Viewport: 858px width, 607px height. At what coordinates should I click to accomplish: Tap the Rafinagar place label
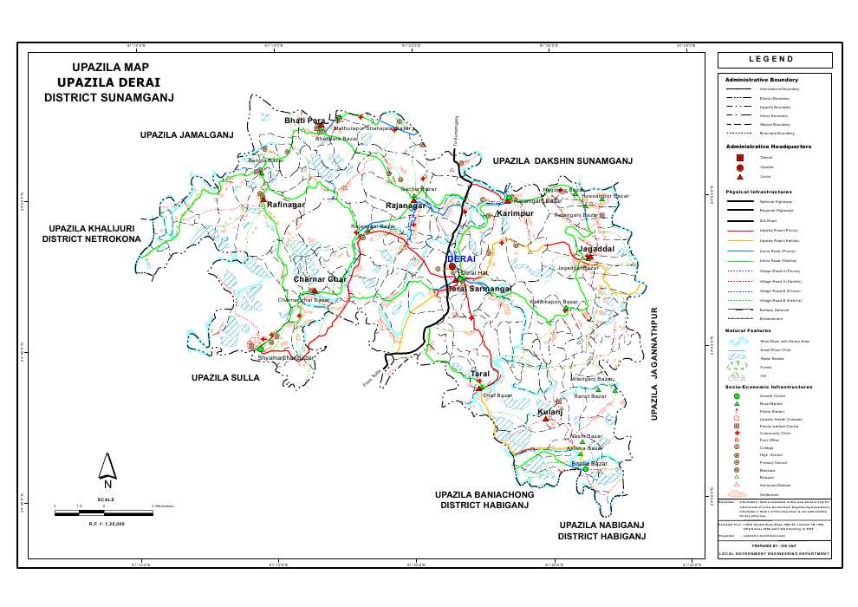pyautogui.click(x=284, y=205)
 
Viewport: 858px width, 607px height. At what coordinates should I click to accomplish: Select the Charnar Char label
pyautogui.click(x=320, y=279)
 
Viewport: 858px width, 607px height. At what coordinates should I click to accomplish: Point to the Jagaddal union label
pyautogui.click(x=596, y=249)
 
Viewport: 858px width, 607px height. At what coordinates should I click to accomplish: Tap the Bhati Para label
pyautogui.click(x=304, y=121)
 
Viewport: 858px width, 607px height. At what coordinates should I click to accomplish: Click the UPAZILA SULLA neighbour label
pyautogui.click(x=225, y=378)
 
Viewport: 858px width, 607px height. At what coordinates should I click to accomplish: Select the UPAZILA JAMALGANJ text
pyautogui.click(x=187, y=135)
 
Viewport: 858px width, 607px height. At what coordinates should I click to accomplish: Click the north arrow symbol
pyautogui.click(x=107, y=469)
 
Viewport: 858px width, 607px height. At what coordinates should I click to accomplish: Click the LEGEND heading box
pyautogui.click(x=774, y=60)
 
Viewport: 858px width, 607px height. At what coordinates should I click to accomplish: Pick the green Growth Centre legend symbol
pyautogui.click(x=737, y=395)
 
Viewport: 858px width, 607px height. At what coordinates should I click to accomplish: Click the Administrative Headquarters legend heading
pyautogui.click(x=769, y=147)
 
